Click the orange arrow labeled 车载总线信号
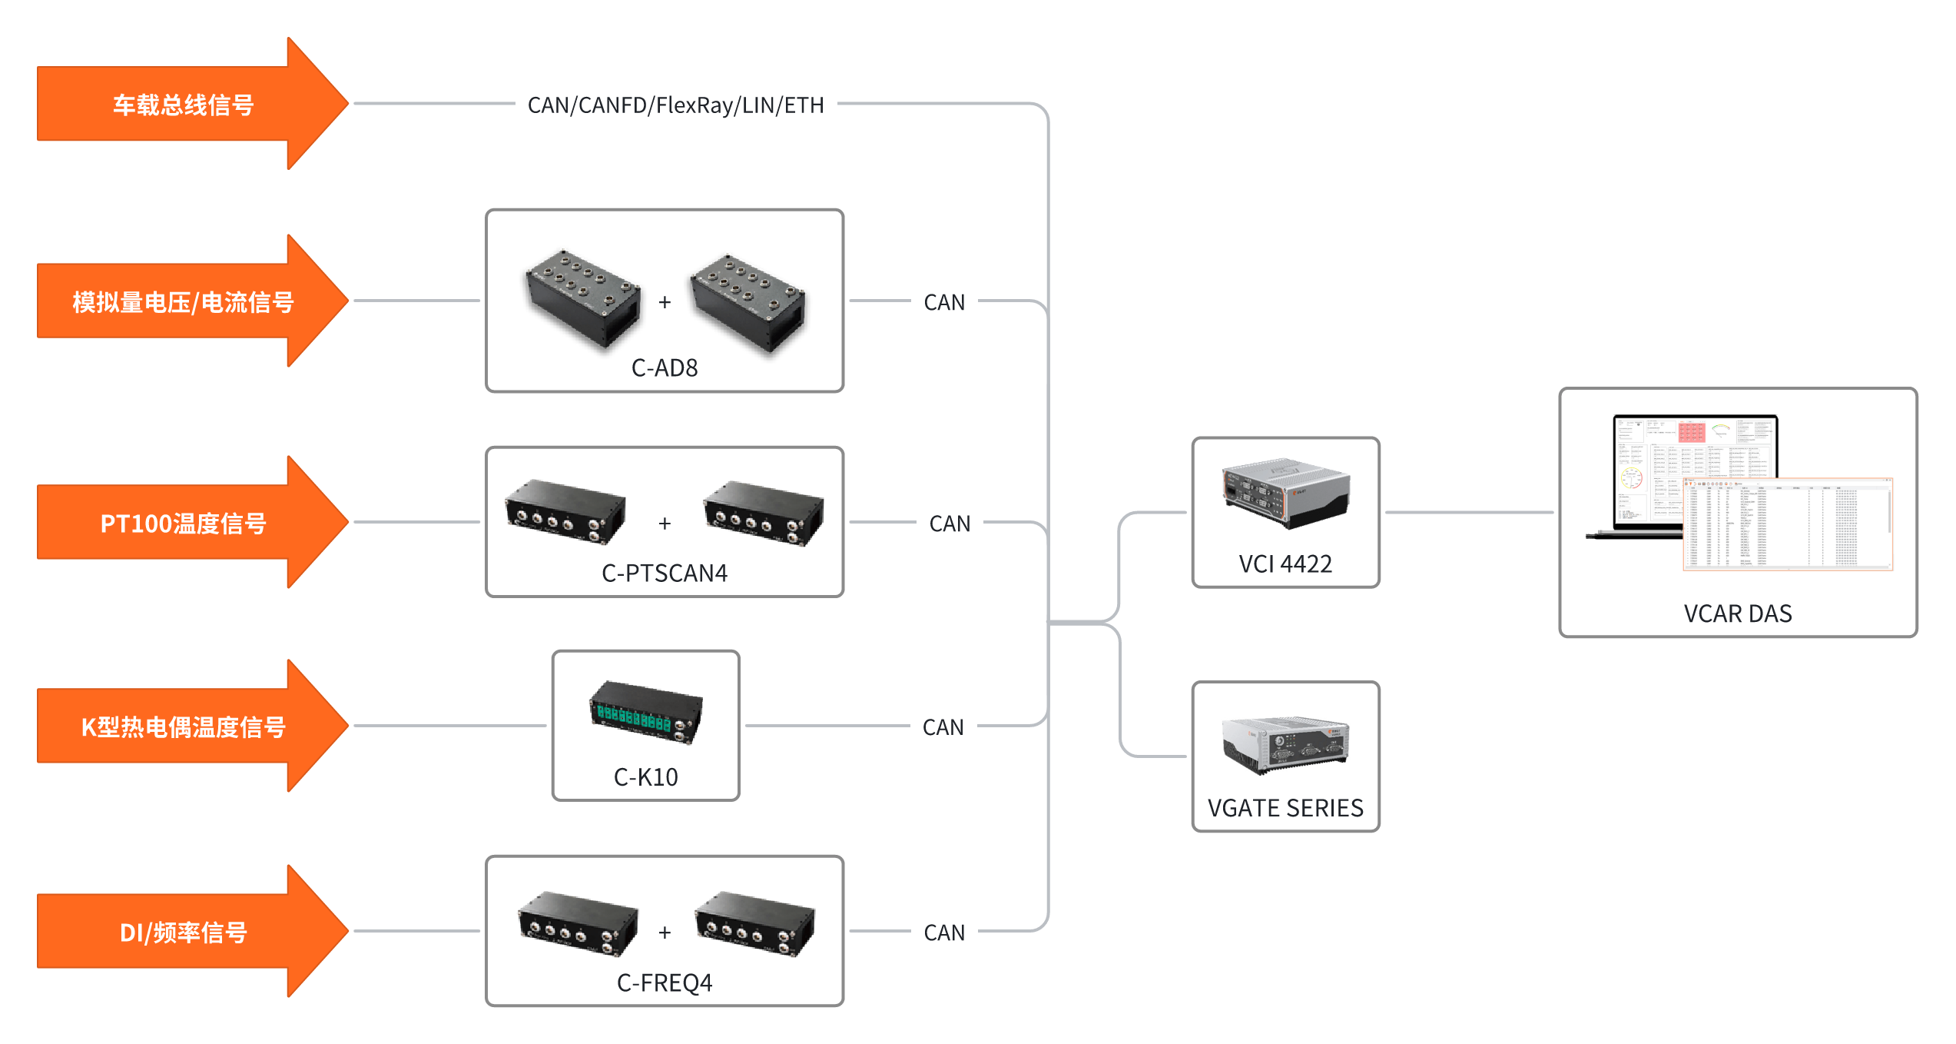[184, 105]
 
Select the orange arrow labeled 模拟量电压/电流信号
[184, 302]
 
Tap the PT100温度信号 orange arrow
[184, 524]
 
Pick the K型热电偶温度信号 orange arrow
[184, 726]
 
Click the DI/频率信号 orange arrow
[184, 933]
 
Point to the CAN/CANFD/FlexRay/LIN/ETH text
[675, 105]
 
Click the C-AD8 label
[665, 368]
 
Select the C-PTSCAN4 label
[665, 574]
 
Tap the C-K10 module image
[645, 712]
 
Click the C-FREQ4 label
[665, 983]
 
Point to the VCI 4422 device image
[1285, 494]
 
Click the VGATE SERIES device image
[1285, 744]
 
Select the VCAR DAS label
[1738, 614]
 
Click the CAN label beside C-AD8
[944, 303]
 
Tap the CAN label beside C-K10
[943, 727]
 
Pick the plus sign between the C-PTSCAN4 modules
[665, 524]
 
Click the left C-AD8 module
[583, 300]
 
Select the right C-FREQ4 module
[754, 923]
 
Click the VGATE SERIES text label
[1285, 809]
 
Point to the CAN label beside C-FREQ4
[944, 933]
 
